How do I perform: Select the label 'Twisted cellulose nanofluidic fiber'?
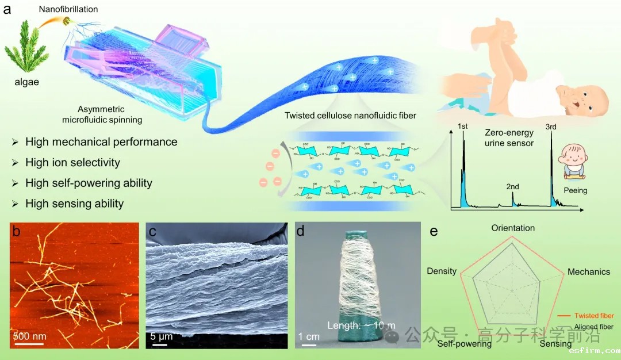click(x=350, y=116)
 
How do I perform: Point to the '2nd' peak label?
click(x=512, y=187)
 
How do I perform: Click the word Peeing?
click(x=576, y=190)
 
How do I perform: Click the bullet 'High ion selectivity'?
click(x=72, y=163)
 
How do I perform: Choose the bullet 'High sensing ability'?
click(x=74, y=204)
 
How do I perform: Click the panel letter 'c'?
click(x=152, y=231)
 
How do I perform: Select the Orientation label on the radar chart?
click(x=513, y=228)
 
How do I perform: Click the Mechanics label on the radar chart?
click(x=588, y=271)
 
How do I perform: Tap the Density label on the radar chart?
click(x=442, y=271)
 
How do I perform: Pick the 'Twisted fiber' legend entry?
click(x=594, y=316)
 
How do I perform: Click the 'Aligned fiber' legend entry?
click(x=594, y=327)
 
